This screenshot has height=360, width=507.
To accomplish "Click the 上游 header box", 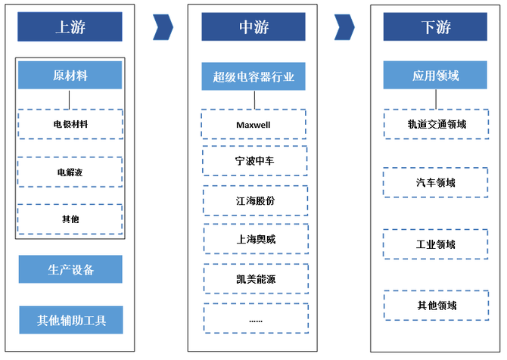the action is [x=70, y=26].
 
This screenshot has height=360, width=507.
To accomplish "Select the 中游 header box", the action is [x=253, y=26].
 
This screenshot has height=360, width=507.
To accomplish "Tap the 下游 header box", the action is [x=435, y=26].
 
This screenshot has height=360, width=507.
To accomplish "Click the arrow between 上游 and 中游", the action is [x=163, y=27].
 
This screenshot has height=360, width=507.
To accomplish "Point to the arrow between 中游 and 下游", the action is [x=344, y=27].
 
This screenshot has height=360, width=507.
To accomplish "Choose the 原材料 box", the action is [x=70, y=76].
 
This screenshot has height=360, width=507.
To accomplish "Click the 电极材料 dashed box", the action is [x=70, y=124].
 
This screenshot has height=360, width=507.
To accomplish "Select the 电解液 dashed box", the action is [x=70, y=172].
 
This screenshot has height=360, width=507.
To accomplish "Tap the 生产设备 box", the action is [x=70, y=269].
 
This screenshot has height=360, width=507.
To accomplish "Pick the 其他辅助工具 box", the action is [x=71, y=320].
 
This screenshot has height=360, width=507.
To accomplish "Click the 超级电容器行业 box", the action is [x=253, y=76].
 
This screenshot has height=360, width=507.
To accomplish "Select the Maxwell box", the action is [x=253, y=125].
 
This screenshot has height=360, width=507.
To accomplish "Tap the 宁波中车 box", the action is [x=255, y=160].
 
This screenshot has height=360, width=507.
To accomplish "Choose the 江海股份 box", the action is [x=256, y=200].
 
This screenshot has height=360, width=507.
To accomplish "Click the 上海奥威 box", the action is [x=256, y=239].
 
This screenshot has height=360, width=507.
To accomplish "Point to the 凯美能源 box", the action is [x=256, y=279].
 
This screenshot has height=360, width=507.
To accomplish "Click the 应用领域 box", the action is [x=435, y=75].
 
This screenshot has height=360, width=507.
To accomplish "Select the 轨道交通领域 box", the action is [x=437, y=124].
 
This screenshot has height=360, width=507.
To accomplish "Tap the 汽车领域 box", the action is [x=436, y=182].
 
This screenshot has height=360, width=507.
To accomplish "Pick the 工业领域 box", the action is [x=436, y=244].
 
